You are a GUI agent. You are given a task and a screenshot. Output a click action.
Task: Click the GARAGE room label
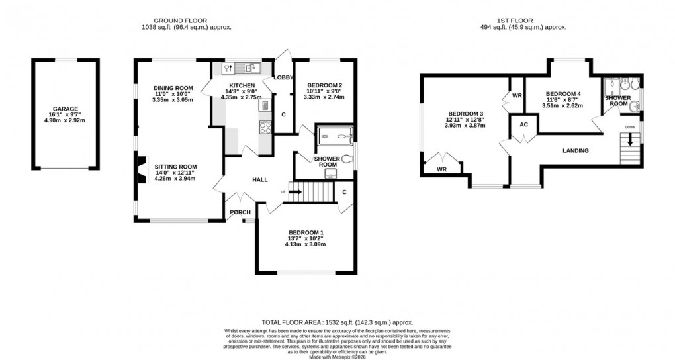point(66,109)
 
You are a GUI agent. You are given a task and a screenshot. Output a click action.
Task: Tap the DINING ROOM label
point(173,88)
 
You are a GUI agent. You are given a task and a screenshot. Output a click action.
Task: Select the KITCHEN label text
point(242,86)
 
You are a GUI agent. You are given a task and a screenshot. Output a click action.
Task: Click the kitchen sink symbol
point(252,67)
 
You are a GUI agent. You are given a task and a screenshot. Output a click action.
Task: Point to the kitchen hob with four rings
point(265,126)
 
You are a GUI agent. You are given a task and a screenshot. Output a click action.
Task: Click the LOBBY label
point(283,77)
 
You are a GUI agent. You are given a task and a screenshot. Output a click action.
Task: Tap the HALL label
point(259,179)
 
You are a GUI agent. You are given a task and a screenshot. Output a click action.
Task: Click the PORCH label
point(240,212)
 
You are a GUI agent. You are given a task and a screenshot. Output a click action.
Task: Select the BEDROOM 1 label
point(305,232)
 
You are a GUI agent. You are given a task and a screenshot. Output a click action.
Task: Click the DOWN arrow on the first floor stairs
point(630,138)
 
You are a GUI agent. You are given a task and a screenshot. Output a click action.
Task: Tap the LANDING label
point(575,151)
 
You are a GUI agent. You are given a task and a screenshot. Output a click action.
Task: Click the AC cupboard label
point(523,124)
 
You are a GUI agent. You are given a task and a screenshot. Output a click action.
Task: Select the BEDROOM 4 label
point(563,94)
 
